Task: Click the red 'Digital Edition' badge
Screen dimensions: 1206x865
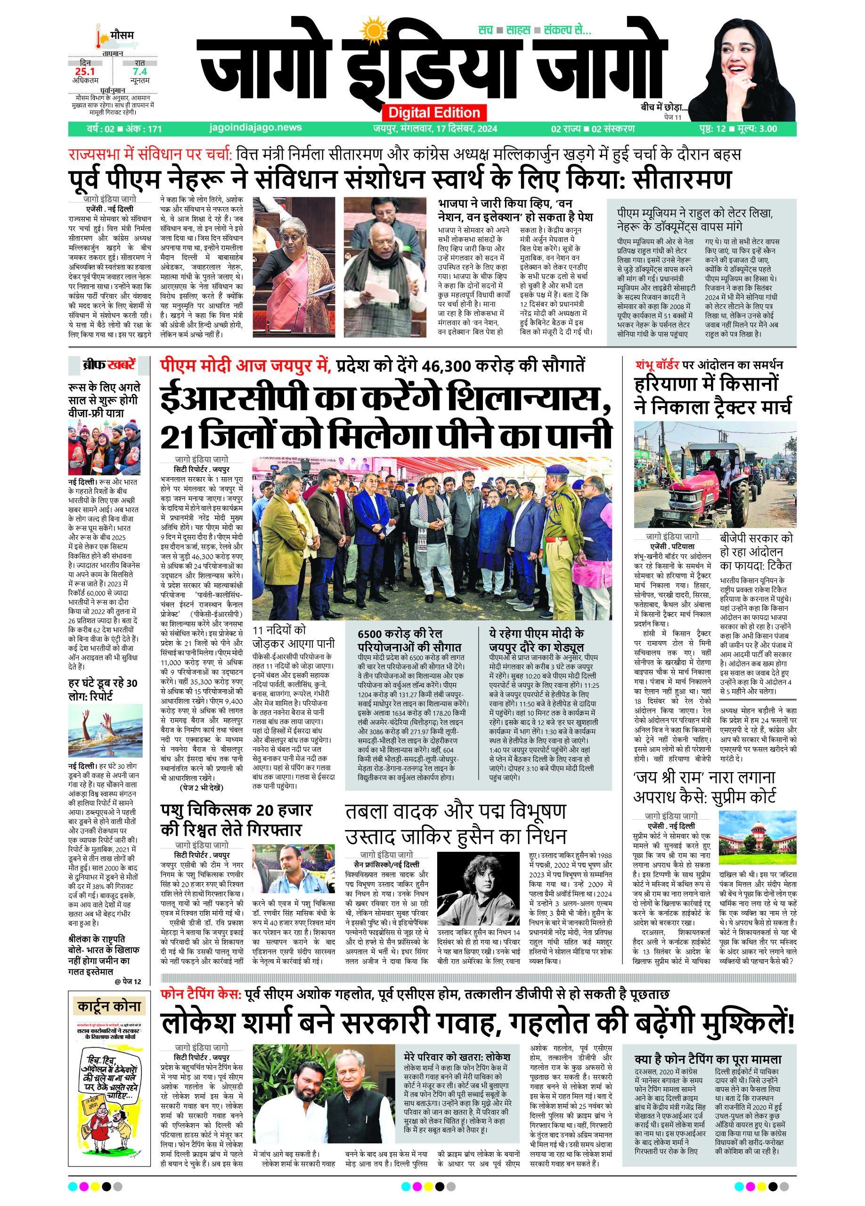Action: coord(434,112)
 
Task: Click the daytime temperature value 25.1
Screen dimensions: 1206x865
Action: coord(84,71)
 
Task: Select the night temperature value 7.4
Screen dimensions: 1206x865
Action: coord(140,71)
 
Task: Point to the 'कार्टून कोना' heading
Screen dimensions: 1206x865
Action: coord(109,1007)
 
